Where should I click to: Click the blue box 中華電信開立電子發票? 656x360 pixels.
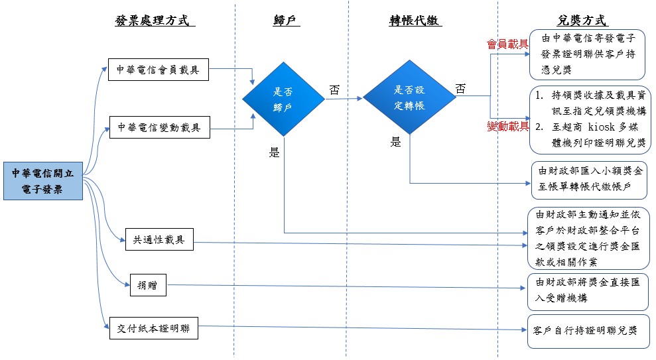click(42, 181)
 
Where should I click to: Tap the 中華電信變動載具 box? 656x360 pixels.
click(159, 127)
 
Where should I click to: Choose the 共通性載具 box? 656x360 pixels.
click(159, 239)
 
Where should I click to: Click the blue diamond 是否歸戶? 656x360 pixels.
click(283, 99)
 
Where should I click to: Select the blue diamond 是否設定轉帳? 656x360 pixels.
click(409, 98)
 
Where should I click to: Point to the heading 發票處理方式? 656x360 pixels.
click(156, 21)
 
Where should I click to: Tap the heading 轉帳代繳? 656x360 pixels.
click(415, 21)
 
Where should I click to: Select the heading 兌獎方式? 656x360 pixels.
click(583, 21)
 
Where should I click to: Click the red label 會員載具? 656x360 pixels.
click(507, 44)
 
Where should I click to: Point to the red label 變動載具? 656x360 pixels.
click(507, 126)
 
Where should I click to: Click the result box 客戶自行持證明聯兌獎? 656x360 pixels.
click(587, 330)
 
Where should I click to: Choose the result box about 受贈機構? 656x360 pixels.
click(587, 290)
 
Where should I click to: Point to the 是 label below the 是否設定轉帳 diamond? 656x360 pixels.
click(395, 141)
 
